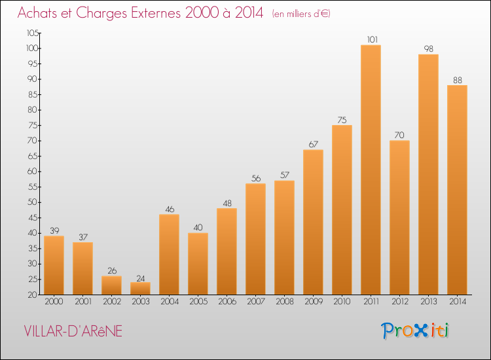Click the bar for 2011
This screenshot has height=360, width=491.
(371, 170)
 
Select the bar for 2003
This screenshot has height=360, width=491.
(140, 289)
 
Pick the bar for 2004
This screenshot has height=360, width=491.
(169, 255)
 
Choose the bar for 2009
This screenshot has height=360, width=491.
(313, 223)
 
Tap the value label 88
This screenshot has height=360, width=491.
(457, 80)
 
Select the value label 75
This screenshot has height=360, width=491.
(342, 120)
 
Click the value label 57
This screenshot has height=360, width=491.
(284, 175)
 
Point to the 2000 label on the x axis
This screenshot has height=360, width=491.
(54, 302)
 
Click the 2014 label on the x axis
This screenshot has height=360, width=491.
(457, 302)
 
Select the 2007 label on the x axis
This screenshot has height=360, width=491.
(255, 302)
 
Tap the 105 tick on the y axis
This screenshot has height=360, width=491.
(32, 33)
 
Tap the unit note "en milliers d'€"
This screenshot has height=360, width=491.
(301, 14)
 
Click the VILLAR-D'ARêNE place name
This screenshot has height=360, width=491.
(72, 331)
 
